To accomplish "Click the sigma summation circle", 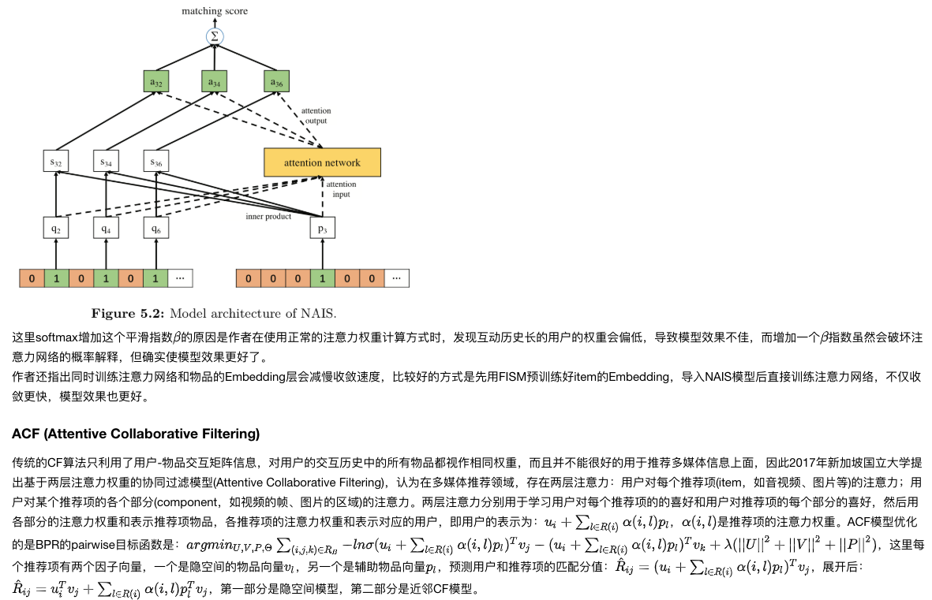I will click(x=215, y=36).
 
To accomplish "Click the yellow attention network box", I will click(x=322, y=162).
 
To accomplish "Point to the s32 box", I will click(x=56, y=162).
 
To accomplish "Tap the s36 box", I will click(x=155, y=162).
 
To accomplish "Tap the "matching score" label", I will click(x=215, y=11).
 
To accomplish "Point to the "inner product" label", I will click(x=268, y=216).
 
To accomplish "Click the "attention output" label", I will click(x=316, y=115).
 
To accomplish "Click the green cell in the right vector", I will click(x=322, y=278).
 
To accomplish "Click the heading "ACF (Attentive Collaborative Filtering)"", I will click(x=136, y=434).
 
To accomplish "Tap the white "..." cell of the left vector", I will click(x=180, y=278).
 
